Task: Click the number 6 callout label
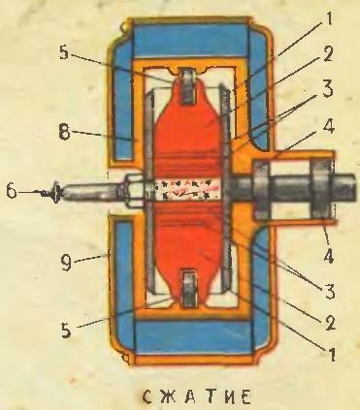pyautogui.click(x=12, y=191)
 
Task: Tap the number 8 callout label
pyautogui.click(x=65, y=132)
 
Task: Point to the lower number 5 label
pyautogui.click(x=66, y=330)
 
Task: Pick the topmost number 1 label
pyautogui.click(x=327, y=17)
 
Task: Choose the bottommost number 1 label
pyautogui.click(x=331, y=353)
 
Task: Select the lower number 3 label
pyautogui.click(x=330, y=291)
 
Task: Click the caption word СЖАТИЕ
pyautogui.click(x=196, y=397)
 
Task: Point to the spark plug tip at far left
pyautogui.click(x=55, y=192)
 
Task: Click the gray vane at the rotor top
pyautogui.click(x=188, y=87)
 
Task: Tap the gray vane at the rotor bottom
pyautogui.click(x=189, y=289)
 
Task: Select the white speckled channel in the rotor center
pyautogui.click(x=186, y=190)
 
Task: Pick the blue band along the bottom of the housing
pyautogui.click(x=193, y=337)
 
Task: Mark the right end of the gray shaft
pyautogui.click(x=355, y=189)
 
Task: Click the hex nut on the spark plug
pyautogui.click(x=131, y=191)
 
